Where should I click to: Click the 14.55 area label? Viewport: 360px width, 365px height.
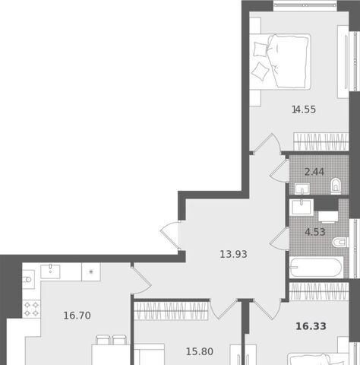click(304, 109)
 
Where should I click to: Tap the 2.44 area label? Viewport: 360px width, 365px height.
click(314, 172)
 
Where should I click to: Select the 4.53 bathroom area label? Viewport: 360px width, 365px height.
click(315, 232)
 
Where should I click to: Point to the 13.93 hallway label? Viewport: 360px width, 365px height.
click(233, 254)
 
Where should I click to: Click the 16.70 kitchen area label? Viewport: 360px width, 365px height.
click(77, 316)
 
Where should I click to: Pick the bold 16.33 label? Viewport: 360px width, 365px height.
click(311, 326)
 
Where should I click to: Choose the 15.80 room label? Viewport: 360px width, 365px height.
click(200, 351)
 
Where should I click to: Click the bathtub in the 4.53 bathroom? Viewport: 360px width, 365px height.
click(316, 268)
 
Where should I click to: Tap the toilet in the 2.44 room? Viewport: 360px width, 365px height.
click(336, 186)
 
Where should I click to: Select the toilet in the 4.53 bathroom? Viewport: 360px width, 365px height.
click(340, 243)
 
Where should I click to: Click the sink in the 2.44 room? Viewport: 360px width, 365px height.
click(302, 189)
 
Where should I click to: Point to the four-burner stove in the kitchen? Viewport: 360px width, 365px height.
click(31, 309)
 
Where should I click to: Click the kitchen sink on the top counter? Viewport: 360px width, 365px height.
click(50, 271)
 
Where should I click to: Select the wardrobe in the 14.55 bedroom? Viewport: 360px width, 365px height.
click(321, 141)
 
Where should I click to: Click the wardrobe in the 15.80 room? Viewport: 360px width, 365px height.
click(171, 310)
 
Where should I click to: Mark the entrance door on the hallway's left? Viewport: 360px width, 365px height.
click(170, 236)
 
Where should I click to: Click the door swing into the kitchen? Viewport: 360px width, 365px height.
click(141, 280)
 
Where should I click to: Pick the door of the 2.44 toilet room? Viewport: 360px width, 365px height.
click(279, 170)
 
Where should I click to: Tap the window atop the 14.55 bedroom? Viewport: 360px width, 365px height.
click(305, 5)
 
